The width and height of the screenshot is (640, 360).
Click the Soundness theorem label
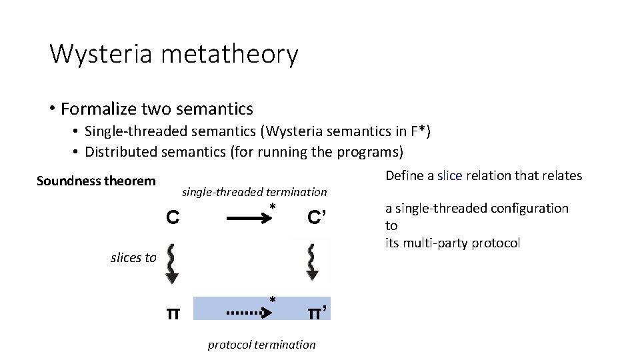click(96, 181)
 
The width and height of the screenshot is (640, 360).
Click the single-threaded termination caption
click(255, 192)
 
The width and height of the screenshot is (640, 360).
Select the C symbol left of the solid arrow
click(172, 217)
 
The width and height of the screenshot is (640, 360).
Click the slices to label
click(133, 258)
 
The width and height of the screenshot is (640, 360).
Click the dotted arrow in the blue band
click(248, 311)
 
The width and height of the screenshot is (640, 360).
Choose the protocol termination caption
click(261, 345)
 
